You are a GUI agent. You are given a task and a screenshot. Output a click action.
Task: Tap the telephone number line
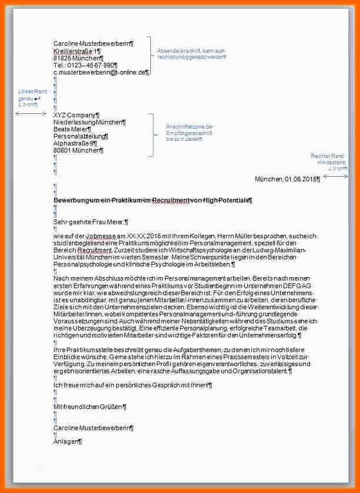(89, 65)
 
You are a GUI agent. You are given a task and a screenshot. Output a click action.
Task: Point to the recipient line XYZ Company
(76, 115)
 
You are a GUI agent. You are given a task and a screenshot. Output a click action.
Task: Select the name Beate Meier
(72, 129)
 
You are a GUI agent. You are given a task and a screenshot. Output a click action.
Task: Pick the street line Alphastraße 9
(75, 143)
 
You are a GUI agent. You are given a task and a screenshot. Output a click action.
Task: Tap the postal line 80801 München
(78, 150)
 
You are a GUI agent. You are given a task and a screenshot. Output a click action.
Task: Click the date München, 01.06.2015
(287, 179)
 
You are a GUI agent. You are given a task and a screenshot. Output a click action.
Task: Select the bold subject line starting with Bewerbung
(152, 201)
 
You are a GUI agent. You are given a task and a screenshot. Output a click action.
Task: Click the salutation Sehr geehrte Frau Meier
(90, 222)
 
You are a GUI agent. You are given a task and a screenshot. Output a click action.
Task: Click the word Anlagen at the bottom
(67, 441)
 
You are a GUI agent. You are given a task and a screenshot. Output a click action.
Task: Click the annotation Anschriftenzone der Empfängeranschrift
(190, 133)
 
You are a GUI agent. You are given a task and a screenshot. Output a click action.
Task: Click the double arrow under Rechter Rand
(335, 176)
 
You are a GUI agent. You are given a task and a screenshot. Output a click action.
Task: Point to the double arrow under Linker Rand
(31, 113)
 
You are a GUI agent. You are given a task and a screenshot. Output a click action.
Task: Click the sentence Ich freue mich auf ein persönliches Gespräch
(132, 385)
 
